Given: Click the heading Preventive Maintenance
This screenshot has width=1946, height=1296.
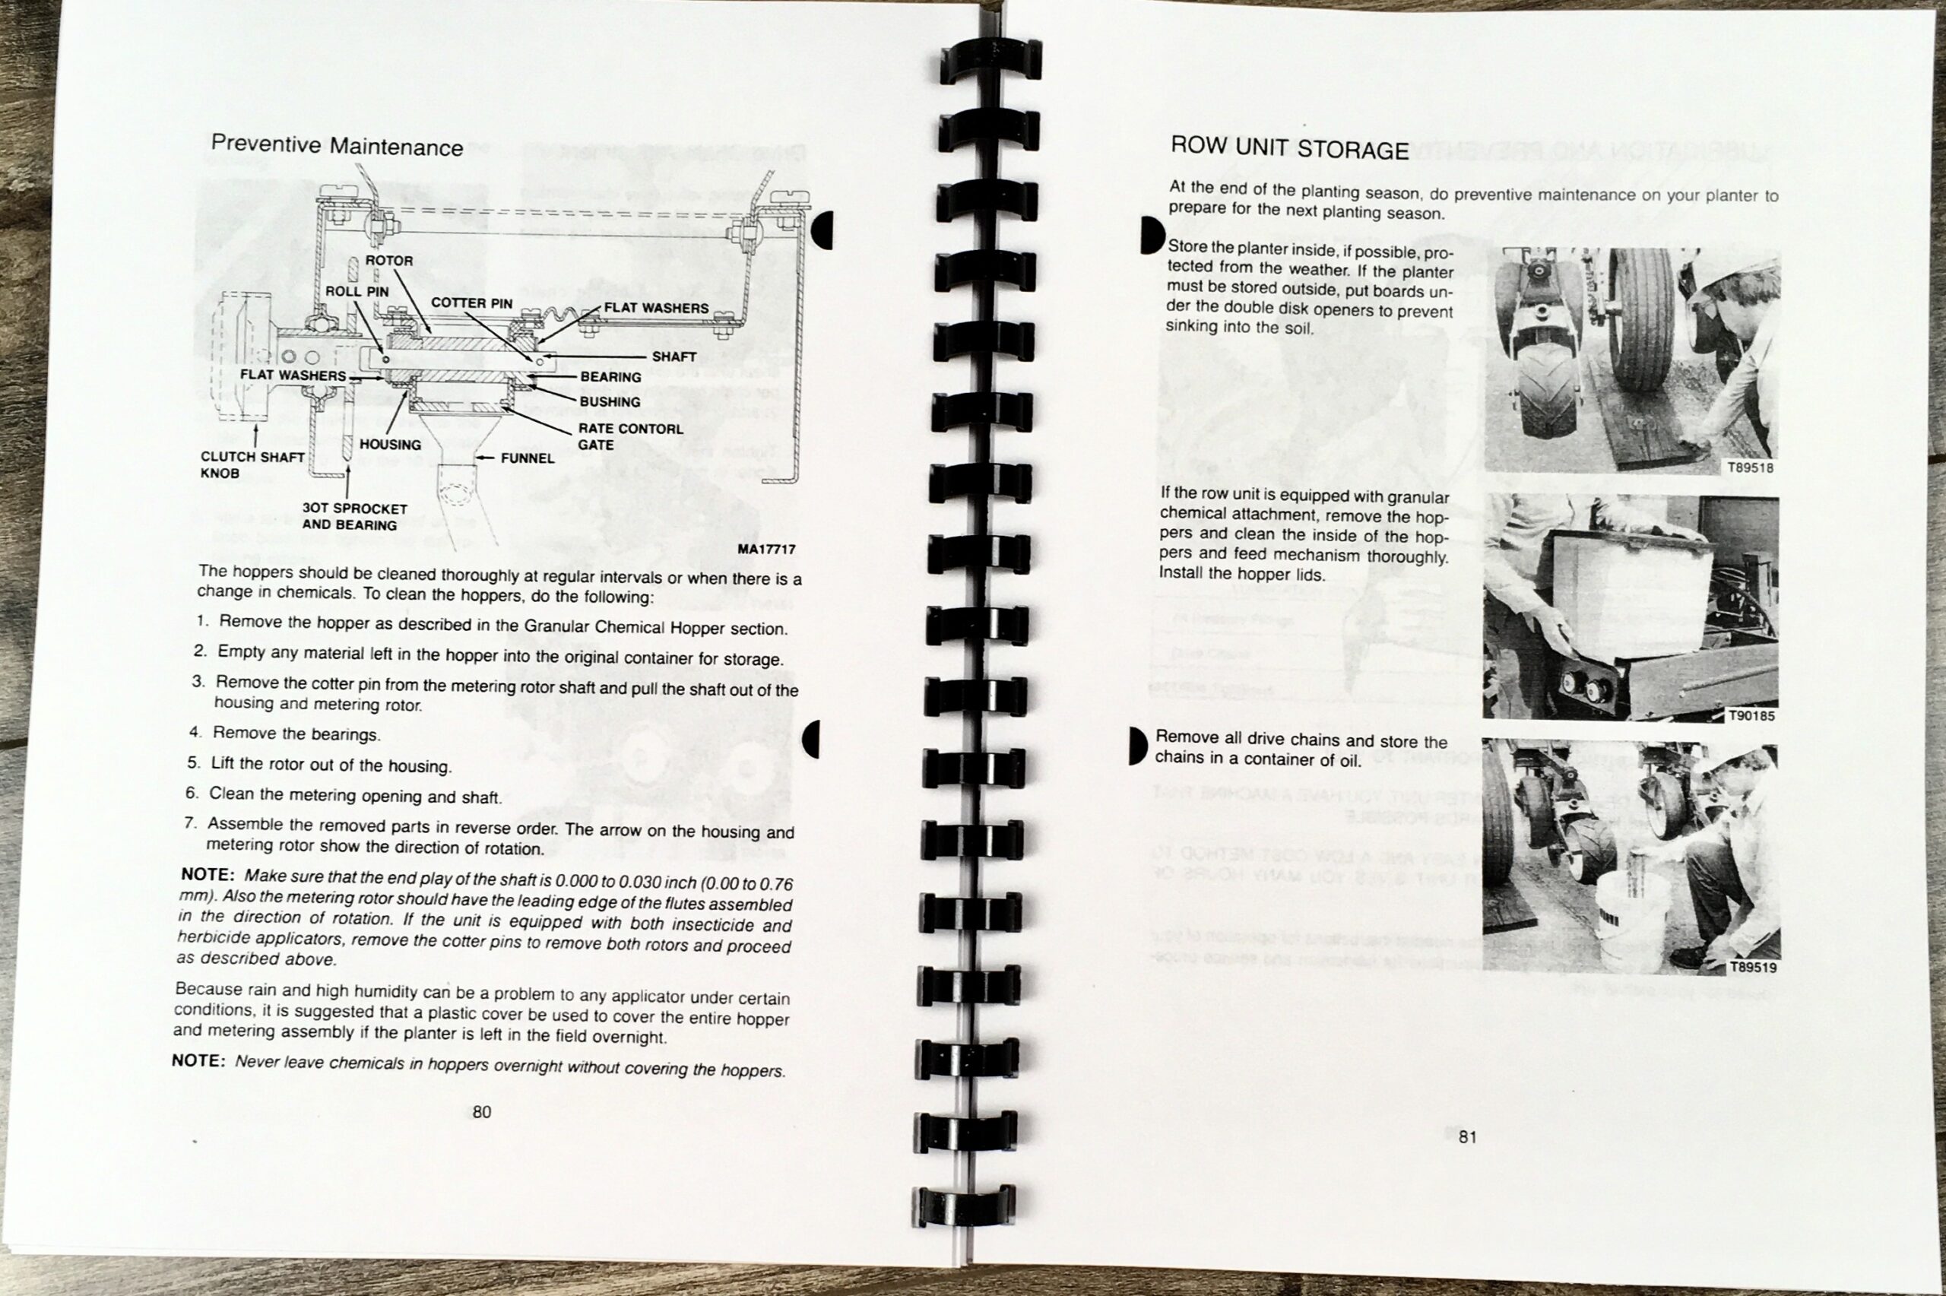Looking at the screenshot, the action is click(x=338, y=145).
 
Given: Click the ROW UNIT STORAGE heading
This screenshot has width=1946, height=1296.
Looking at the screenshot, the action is click(x=1289, y=149).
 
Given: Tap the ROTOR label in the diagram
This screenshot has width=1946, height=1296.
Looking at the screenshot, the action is click(x=389, y=261).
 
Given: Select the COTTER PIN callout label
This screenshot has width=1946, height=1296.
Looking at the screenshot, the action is click(x=472, y=303).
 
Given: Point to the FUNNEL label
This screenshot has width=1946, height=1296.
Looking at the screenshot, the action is click(x=528, y=458).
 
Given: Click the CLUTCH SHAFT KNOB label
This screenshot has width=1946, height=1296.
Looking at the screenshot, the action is click(x=253, y=464).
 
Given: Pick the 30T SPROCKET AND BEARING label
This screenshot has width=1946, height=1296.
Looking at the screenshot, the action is click(x=354, y=517).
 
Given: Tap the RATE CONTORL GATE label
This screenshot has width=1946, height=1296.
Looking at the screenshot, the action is click(x=630, y=436).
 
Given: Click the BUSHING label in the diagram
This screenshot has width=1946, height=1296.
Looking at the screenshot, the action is click(x=610, y=401).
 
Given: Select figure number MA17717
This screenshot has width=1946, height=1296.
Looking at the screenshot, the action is click(x=768, y=549).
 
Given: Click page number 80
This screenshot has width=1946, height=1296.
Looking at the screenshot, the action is click(x=482, y=1112).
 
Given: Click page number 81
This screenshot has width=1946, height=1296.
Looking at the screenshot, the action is click(x=1467, y=1137).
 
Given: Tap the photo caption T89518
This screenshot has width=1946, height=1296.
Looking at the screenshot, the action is click(x=1751, y=467).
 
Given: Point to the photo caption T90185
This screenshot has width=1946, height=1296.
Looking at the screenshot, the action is click(x=1752, y=716).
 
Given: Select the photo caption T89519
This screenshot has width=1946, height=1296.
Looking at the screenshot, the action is click(x=1753, y=967).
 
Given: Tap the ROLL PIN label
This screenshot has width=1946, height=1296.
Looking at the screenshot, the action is click(x=357, y=291).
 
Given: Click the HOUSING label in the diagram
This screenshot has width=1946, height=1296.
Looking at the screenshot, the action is click(x=390, y=445).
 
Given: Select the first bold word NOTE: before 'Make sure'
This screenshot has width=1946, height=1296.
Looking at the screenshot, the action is click(x=208, y=874).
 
